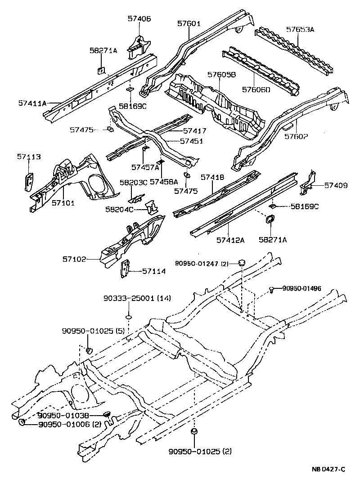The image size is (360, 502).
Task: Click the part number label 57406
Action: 139,19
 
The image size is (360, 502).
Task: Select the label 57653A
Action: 300,30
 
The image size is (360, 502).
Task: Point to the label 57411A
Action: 33,103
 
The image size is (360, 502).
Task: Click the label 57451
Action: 192,141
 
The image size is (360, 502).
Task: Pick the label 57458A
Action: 164,181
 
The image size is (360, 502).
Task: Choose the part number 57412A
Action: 230,240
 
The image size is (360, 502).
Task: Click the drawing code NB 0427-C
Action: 328,469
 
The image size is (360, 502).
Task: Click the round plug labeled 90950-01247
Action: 242,262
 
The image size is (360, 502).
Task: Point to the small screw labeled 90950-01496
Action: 272,290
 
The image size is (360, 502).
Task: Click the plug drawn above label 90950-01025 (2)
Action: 194,432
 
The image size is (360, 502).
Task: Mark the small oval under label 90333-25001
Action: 128,318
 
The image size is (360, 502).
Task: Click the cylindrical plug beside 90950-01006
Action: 21,422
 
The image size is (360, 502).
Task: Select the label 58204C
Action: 120,211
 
